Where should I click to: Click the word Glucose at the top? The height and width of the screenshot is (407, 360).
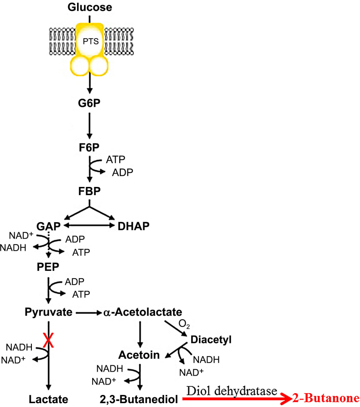tap(90, 7)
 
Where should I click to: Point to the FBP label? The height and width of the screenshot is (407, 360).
tap(90, 191)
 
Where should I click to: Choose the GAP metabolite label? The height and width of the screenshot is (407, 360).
tap(48, 226)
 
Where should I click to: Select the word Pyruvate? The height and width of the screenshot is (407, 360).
tap(48, 312)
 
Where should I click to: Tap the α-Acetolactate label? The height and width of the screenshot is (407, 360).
tap(142, 312)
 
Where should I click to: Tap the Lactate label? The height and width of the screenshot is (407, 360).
tap(48, 399)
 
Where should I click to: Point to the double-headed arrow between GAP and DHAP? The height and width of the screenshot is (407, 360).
tap(89, 225)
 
